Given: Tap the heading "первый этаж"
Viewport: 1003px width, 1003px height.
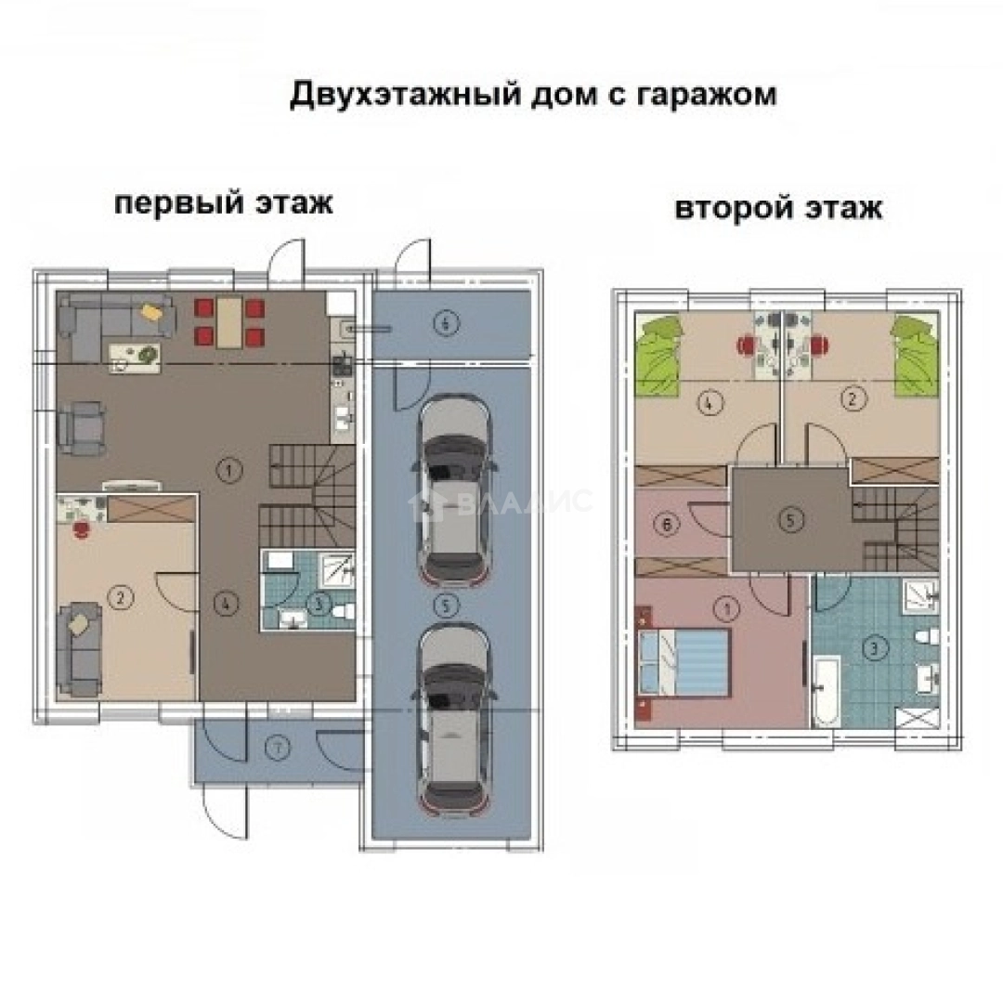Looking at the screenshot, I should pos(223,203).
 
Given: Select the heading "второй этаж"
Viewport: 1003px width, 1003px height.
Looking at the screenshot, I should pos(778,209).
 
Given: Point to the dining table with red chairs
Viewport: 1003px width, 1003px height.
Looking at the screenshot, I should pos(228,321).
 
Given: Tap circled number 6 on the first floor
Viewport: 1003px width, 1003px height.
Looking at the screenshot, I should pos(446,323).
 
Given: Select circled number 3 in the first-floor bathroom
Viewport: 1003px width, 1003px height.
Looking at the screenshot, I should pos(319,604).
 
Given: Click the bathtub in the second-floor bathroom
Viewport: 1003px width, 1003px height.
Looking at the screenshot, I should pos(826,691).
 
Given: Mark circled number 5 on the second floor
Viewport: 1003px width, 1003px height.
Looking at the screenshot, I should pos(789,520).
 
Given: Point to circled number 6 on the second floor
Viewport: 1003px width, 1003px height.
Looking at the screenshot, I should pos(663,525).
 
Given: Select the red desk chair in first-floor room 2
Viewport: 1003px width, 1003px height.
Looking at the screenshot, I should pos(82,529).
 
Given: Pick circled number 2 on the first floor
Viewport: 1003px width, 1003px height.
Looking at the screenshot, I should pos(119,597).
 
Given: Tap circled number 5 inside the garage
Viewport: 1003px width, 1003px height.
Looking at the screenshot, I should pos(447,606).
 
